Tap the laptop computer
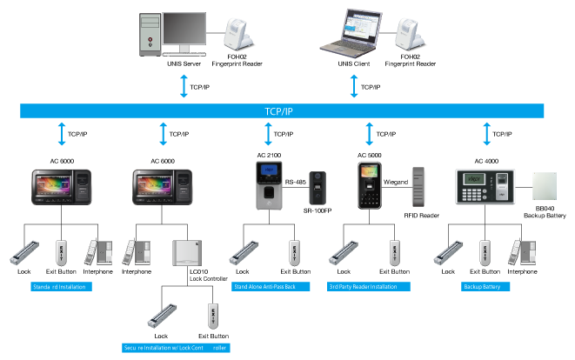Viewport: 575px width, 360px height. pyautogui.click(x=354, y=33)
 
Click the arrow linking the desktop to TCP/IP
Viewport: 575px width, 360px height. pyautogui.click(x=184, y=86)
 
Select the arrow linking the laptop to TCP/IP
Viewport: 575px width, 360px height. pyautogui.click(x=354, y=86)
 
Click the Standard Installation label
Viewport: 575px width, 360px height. pyautogui.click(x=61, y=286)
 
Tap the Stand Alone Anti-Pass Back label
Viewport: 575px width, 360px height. pyautogui.click(x=271, y=286)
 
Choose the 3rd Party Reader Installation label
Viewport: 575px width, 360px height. pyautogui.click(x=369, y=286)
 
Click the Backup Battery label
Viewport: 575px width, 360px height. pyautogui.click(x=485, y=286)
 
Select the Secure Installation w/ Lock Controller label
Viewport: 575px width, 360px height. pyautogui.click(x=177, y=347)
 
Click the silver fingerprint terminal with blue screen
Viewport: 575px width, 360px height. pyautogui.click(x=269, y=185)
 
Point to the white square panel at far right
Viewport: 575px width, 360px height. pyautogui.click(x=545, y=186)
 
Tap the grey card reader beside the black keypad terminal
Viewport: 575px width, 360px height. pyautogui.click(x=419, y=185)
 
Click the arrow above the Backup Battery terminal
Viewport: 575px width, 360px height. pyautogui.click(x=486, y=134)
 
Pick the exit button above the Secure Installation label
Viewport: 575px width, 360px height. pyautogui.click(x=211, y=315)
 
